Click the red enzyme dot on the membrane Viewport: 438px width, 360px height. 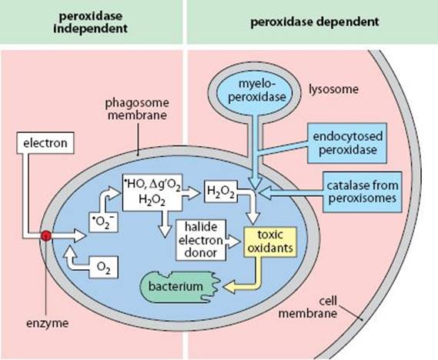coord(46,236)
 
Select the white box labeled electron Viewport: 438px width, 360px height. coord(45,143)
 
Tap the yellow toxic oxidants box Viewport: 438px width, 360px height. coord(270,242)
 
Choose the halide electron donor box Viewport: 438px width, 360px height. coord(201,240)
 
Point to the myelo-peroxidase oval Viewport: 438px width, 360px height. coord(257,92)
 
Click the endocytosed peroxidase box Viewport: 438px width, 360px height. coord(347,143)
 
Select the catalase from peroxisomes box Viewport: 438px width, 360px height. coord(363,192)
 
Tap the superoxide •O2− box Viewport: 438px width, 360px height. coord(103,222)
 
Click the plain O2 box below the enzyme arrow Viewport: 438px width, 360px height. coord(103,267)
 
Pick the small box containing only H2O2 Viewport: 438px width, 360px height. coord(221,192)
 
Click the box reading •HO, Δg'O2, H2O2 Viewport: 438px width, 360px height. coord(152,192)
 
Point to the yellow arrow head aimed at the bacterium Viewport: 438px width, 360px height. coord(229,287)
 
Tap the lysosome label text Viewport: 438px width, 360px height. coord(333,89)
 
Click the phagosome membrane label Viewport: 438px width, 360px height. coord(137,109)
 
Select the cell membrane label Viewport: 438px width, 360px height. coord(308,308)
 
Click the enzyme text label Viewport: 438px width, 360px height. coord(47,323)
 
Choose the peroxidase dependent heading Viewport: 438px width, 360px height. coord(315,22)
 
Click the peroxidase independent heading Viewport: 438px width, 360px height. coord(91,22)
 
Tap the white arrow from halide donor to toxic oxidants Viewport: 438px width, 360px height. coord(233,241)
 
